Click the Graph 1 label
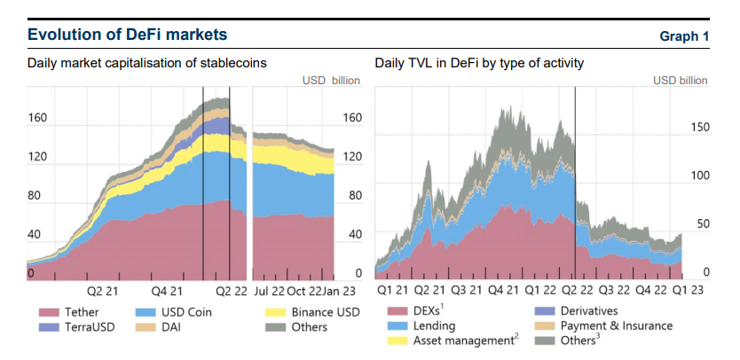pyautogui.click(x=684, y=36)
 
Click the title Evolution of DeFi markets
pyautogui.click(x=127, y=35)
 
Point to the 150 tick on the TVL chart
pyautogui.click(x=700, y=129)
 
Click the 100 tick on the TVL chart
pyautogui.click(x=700, y=176)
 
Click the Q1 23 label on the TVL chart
pyautogui.click(x=689, y=290)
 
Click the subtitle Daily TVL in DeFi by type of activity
pyautogui.click(x=479, y=63)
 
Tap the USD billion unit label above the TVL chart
pyautogui.click(x=681, y=80)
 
